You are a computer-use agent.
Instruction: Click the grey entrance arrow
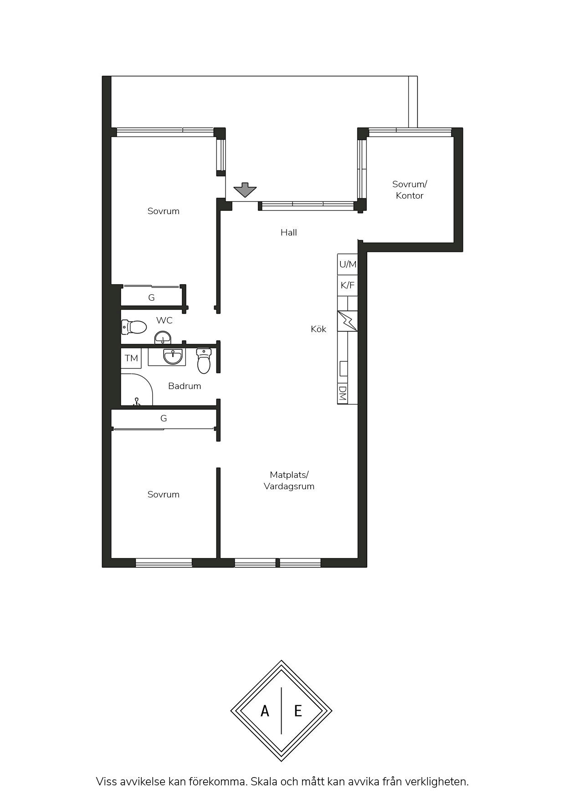pos(245,190)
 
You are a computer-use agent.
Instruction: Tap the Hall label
pos(289,232)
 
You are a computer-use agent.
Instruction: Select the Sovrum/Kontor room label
pos(410,190)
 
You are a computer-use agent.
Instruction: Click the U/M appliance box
pos(348,264)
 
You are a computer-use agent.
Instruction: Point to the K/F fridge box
pos(348,286)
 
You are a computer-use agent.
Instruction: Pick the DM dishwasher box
pos(343,394)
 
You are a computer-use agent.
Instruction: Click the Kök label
pos(318,329)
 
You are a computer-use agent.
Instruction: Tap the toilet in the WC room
pos(134,327)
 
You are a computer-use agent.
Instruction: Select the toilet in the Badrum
pos(204,361)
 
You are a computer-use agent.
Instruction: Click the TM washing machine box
pos(131,358)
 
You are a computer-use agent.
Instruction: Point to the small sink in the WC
pos(163,338)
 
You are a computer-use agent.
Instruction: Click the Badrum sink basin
pos(173,356)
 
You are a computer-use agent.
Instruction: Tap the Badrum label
pos(185,386)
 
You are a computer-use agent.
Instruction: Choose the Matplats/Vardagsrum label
pos(289,481)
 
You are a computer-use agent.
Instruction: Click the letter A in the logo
pos(265,711)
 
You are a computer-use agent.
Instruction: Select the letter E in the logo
pos(298,711)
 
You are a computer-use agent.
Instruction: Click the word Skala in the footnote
pos(264,782)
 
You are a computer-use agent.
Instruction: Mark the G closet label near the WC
pos(151,297)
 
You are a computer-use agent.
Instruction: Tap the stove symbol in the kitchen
pos(348,321)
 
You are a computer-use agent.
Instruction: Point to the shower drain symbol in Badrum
pos(136,402)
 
